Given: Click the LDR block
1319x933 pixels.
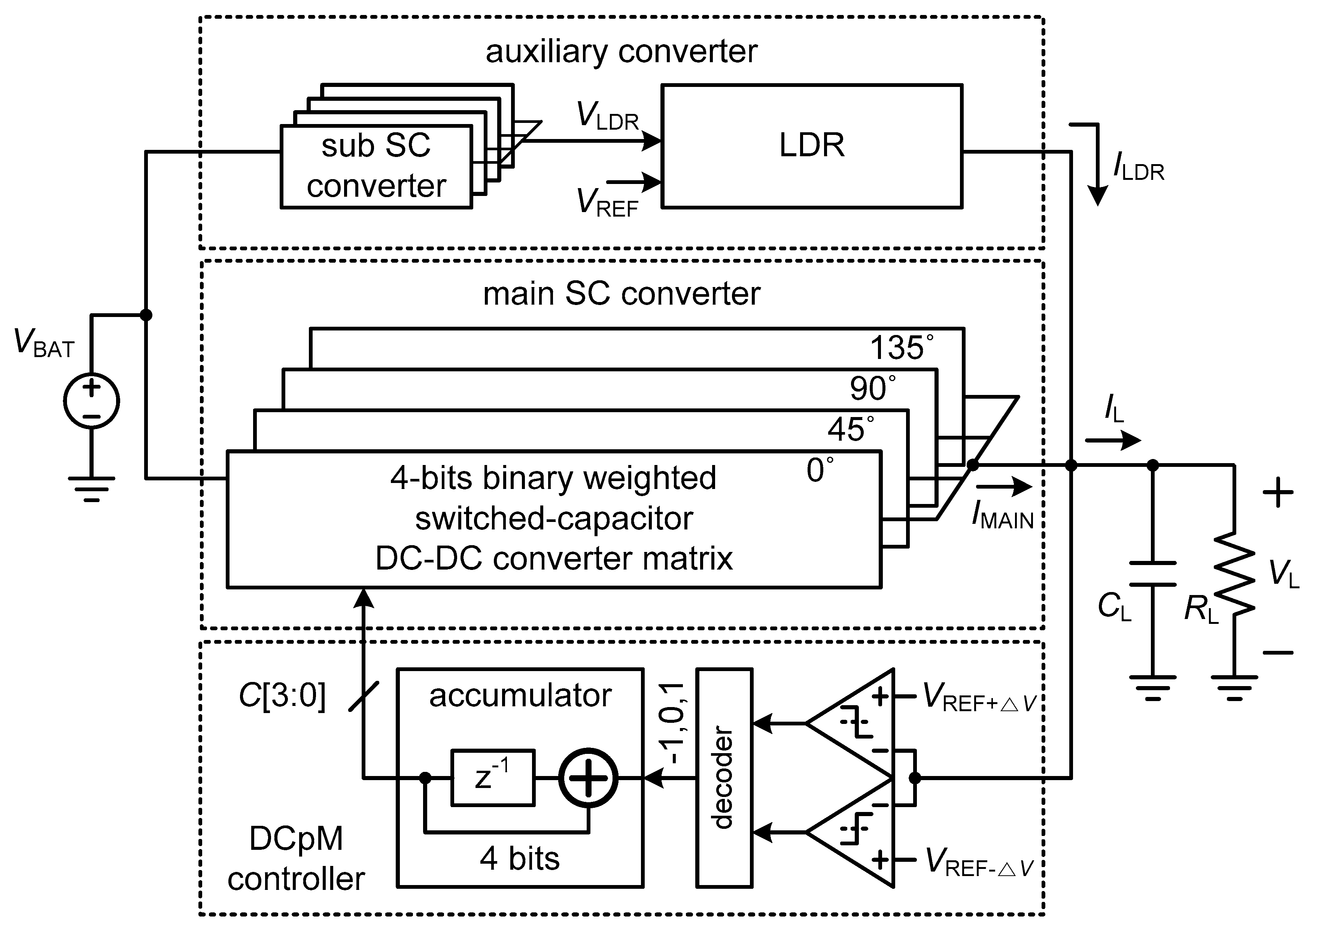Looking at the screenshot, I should point(811,146).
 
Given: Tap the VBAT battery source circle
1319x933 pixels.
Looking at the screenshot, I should point(91,401).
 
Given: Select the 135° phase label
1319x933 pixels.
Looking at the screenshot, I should point(901,348).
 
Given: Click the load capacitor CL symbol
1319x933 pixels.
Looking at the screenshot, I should point(1152,574).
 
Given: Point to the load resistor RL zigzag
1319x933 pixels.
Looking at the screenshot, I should point(1234,573).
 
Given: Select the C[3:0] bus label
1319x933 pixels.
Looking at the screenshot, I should point(282,695).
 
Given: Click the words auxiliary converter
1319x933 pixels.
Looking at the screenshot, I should point(621,52).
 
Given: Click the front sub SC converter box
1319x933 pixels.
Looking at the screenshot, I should point(376,167).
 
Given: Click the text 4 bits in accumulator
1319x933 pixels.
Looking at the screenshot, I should point(519,859).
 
